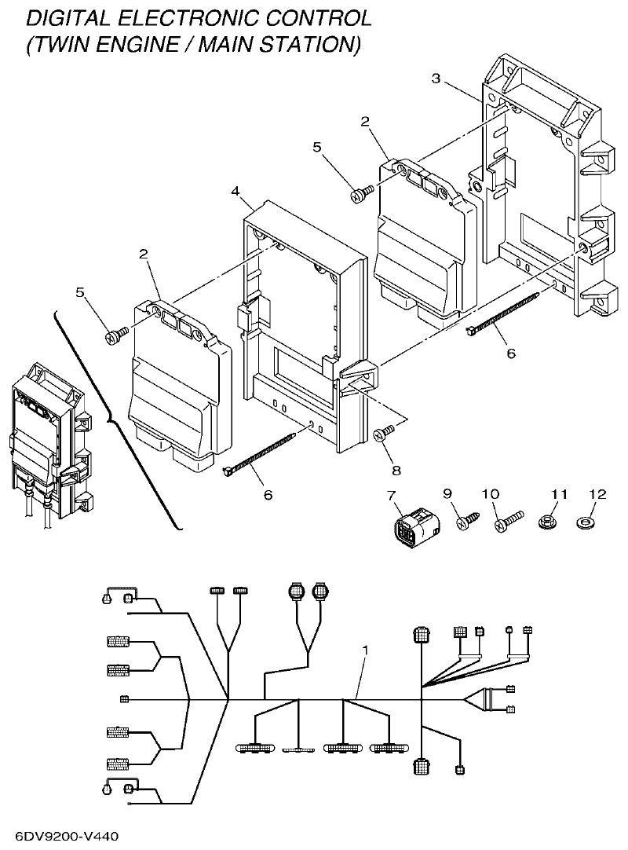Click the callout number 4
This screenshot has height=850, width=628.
[x=235, y=191]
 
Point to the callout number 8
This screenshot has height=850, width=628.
[x=396, y=471]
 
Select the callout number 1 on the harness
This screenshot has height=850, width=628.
[x=365, y=650]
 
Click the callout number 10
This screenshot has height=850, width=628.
[x=490, y=494]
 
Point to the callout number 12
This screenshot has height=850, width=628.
[x=597, y=494]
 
